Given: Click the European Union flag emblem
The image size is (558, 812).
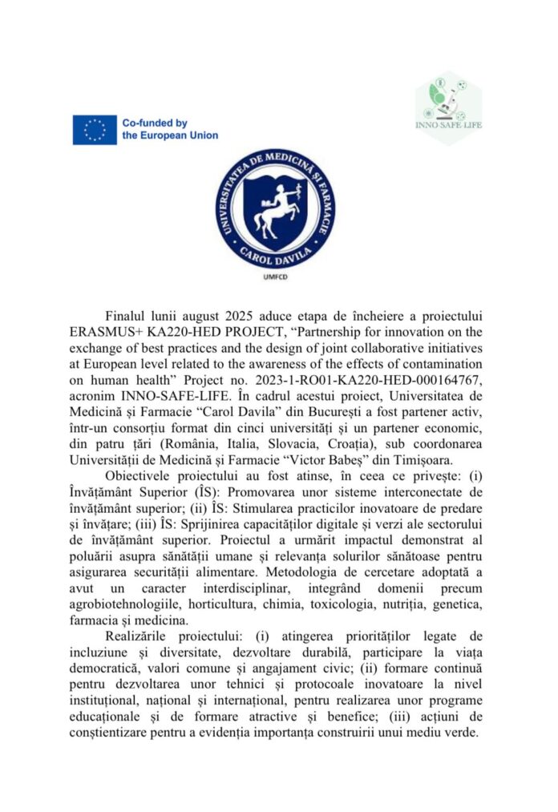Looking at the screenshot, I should (x=95, y=130).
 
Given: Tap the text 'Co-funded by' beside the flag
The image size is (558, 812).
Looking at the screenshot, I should (x=155, y=123).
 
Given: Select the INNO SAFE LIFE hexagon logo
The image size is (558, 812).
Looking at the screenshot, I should (x=448, y=107).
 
